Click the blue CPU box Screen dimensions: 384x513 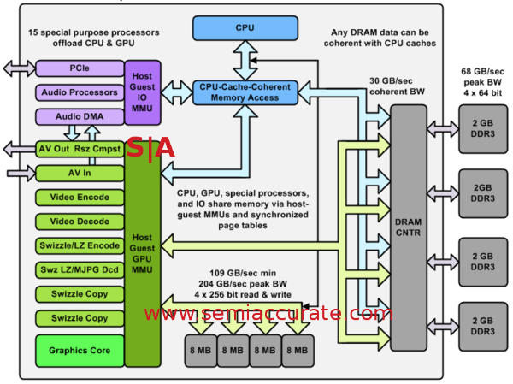pos(245,28)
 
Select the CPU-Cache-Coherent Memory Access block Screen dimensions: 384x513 pos(245,92)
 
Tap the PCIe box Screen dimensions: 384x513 pos(79,68)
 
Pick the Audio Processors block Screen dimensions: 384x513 pos(79,92)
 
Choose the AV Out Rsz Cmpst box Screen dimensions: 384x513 pos(79,149)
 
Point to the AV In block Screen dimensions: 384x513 pos(79,173)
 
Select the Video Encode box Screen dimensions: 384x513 pos(79,198)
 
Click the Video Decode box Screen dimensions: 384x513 pos(79,222)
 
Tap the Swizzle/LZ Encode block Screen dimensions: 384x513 pos(79,245)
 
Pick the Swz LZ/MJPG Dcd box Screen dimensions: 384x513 pos(79,269)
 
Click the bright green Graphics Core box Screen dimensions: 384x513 pos(79,350)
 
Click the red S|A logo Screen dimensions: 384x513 pos(150,148)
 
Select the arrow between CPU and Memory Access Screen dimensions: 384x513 pos(245,58)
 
